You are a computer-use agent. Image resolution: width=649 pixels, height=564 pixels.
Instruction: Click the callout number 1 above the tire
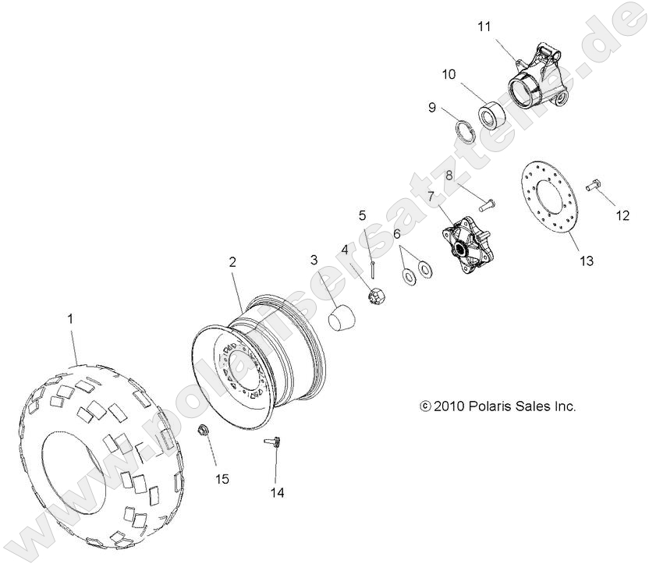tap(71, 318)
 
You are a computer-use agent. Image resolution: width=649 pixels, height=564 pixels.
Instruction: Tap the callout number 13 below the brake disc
tap(586, 261)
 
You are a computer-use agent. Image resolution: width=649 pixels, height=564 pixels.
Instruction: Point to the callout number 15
tap(222, 478)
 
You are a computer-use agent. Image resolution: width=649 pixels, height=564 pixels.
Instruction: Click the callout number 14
tap(276, 492)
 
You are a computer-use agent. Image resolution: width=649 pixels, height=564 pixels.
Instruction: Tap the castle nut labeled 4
tap(374, 296)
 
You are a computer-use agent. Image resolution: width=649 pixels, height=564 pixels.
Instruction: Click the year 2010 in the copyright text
tap(449, 406)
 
